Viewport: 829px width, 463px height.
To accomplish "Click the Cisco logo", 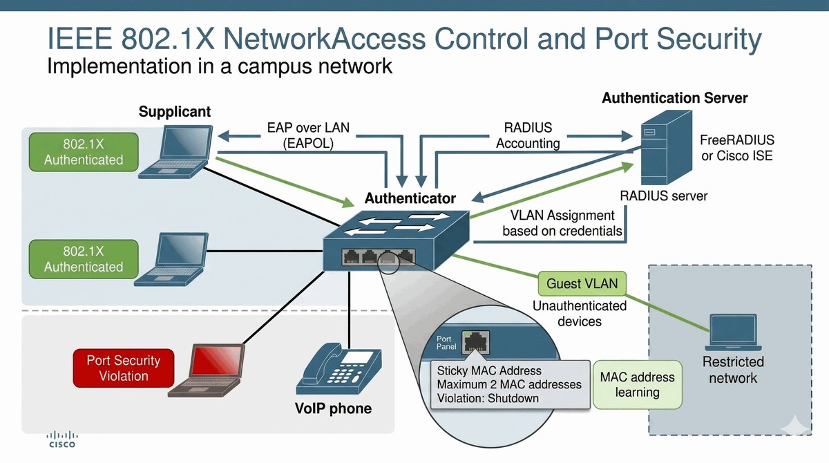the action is (62, 440).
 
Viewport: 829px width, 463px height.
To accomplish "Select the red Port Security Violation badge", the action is (124, 368).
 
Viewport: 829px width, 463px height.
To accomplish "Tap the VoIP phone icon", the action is (339, 368).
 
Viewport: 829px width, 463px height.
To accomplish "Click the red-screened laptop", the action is (207, 370).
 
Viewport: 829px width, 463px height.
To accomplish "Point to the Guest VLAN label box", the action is (582, 283).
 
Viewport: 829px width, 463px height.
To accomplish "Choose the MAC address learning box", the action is (637, 384).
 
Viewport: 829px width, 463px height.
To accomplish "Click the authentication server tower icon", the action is (666, 147).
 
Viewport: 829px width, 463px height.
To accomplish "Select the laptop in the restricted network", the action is (733, 332).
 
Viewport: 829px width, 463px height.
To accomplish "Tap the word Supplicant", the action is (175, 111).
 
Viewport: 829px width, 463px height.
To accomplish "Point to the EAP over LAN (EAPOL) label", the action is (308, 135).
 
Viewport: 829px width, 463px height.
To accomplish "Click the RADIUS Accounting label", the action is (528, 135).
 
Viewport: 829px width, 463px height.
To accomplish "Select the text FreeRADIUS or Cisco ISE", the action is (737, 148).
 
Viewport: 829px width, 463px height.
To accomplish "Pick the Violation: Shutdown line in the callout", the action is (488, 398).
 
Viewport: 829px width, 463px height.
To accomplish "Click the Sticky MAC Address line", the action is (489, 370).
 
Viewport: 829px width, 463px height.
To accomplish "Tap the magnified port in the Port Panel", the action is (475, 342).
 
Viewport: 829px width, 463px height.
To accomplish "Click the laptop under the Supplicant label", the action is (175, 152).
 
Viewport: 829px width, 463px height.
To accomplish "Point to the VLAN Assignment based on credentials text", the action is (562, 223).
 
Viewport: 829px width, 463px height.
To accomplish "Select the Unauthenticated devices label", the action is (580, 314).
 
